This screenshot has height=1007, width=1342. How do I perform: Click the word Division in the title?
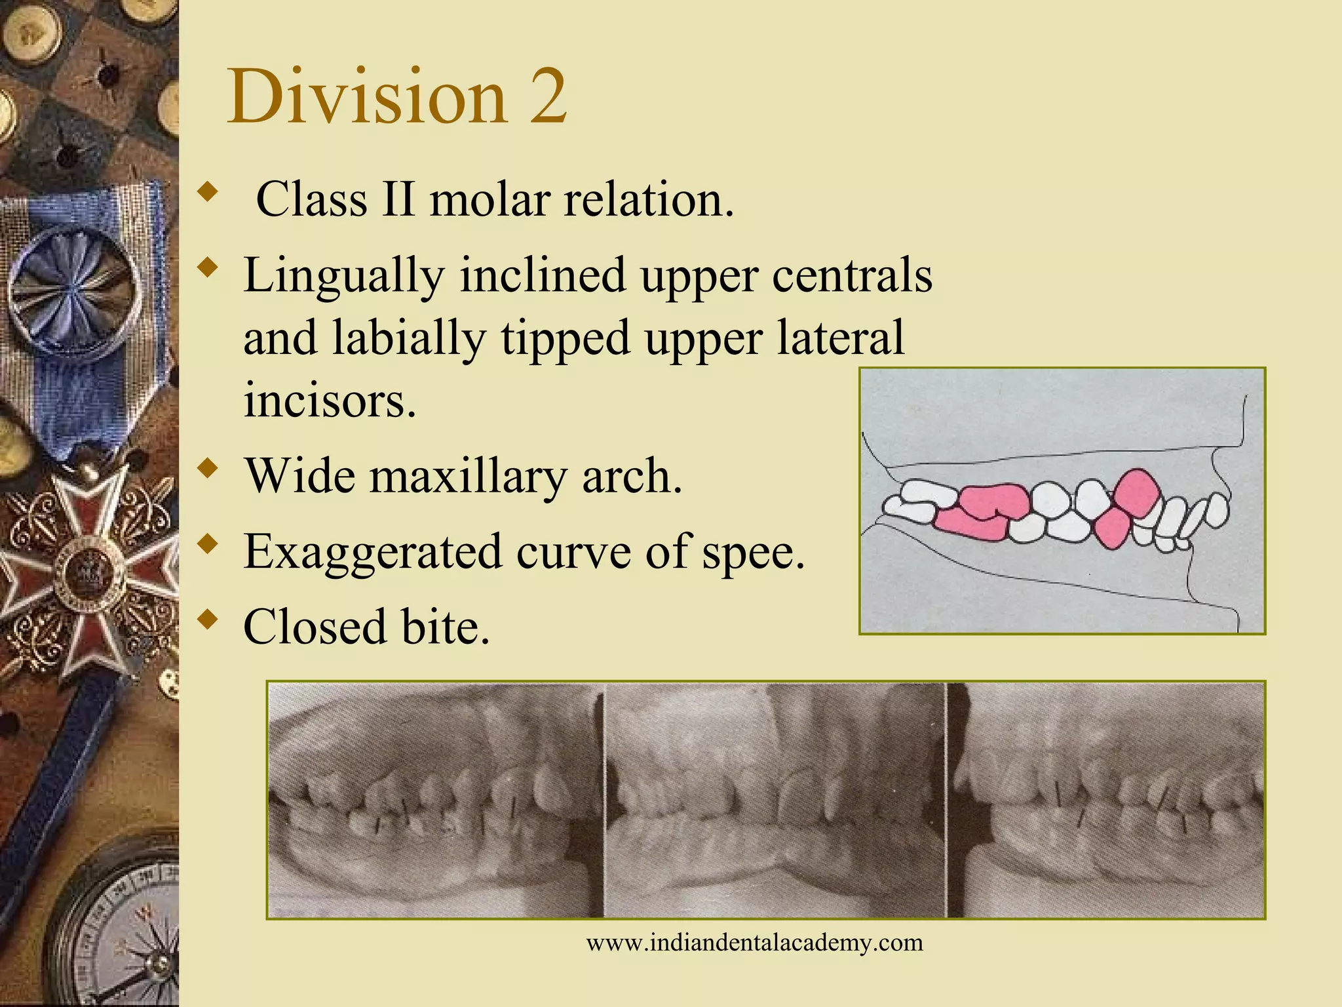(x=367, y=96)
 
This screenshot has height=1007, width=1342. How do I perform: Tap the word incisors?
(x=330, y=400)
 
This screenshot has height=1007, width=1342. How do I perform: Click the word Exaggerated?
(x=373, y=552)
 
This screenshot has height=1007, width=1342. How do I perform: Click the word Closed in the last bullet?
(x=315, y=627)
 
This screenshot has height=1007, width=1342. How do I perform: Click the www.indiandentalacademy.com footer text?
(x=754, y=943)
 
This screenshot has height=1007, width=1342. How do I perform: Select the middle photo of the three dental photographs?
(x=775, y=800)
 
